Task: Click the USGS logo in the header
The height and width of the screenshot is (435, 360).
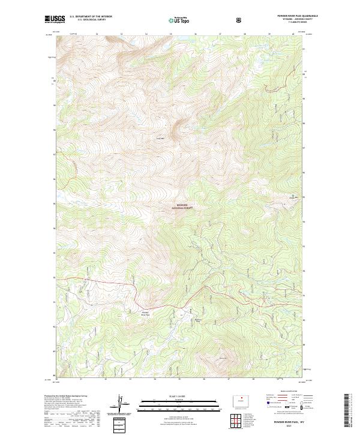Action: click(x=55, y=20)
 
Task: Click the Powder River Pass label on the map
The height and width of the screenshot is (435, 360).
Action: click(x=145, y=313)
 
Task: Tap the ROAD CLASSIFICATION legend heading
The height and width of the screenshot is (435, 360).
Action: click(x=286, y=394)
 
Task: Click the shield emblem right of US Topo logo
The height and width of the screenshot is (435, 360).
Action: click(x=240, y=20)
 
